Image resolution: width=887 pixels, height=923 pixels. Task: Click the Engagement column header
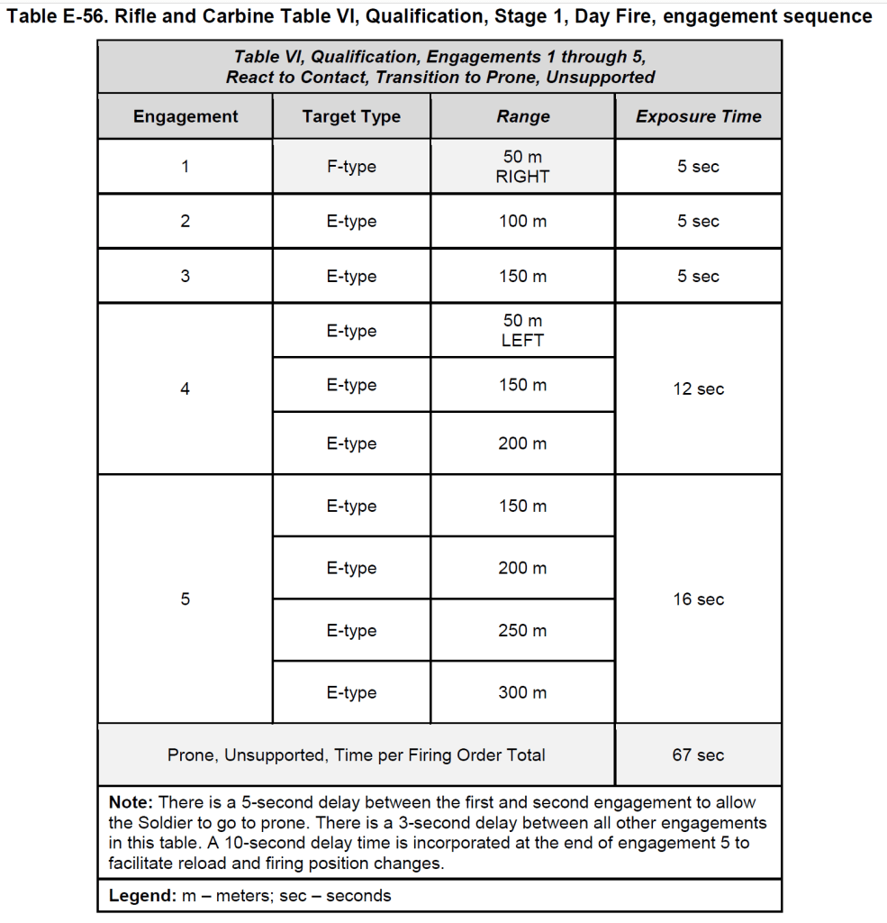pos(186,116)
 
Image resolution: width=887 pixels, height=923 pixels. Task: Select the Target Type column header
pos(351,116)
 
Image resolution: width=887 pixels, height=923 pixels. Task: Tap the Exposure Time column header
pos(698,116)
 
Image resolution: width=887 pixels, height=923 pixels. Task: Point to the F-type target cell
pos(351,167)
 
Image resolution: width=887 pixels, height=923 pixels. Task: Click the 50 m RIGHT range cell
pos(522,167)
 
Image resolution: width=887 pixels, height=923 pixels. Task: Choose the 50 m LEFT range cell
pos(522,331)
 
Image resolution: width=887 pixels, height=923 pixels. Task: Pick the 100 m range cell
pos(522,221)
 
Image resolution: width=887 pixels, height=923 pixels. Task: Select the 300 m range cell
pos(522,693)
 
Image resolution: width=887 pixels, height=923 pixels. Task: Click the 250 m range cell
pos(522,631)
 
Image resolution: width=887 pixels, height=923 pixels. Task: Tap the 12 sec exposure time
pos(698,389)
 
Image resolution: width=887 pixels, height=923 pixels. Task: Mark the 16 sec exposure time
pos(698,599)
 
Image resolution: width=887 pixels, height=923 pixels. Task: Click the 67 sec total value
pos(698,755)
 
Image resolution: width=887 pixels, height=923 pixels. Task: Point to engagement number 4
pos(186,389)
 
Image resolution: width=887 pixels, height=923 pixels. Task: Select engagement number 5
pos(186,599)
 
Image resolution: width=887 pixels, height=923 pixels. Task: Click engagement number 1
pos(186,167)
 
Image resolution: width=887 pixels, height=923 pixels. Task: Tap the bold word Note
pos(131,802)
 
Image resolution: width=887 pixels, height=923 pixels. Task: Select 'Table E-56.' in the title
pos(57,17)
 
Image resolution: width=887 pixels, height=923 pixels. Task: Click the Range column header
pos(522,116)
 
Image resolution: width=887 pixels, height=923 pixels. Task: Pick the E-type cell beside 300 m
pos(351,693)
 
